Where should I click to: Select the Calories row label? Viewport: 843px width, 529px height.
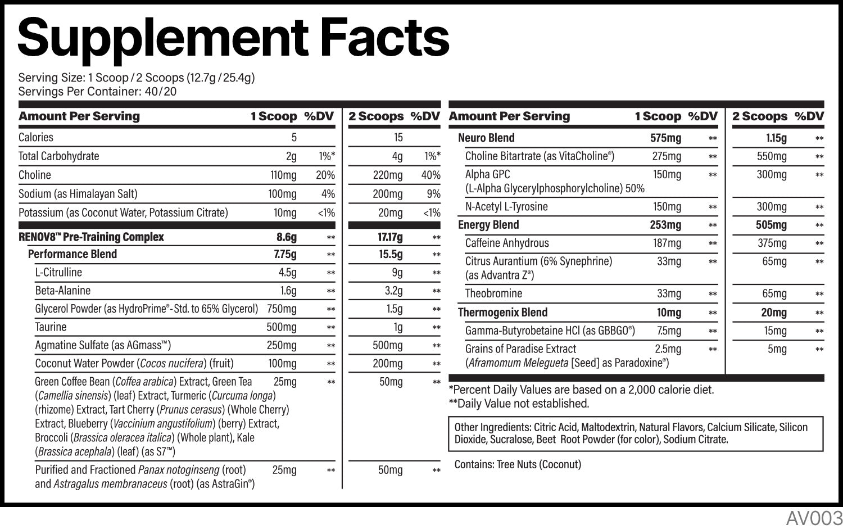point(36,137)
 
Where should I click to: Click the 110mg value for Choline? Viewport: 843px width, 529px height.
point(283,175)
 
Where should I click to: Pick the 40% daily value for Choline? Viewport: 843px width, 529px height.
point(430,175)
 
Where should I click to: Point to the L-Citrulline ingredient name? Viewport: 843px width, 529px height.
point(58,273)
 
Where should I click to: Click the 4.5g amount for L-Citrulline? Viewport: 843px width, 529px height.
point(287,273)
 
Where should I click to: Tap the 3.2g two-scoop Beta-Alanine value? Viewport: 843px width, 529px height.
point(393,291)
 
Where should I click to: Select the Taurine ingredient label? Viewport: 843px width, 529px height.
point(51,327)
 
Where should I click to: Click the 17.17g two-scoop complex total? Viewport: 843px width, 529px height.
point(390,237)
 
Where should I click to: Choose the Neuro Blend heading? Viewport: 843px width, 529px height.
point(486,138)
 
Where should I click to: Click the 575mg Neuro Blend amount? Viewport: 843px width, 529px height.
point(665,138)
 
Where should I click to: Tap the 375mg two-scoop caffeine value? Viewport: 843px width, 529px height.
point(772,243)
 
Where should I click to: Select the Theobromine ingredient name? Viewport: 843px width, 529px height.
point(493,293)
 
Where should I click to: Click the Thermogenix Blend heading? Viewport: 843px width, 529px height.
point(502,313)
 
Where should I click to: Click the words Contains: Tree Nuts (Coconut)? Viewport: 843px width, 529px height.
point(518,464)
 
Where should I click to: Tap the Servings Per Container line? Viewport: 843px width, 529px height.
point(97,92)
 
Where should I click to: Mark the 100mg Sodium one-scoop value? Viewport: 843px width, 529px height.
point(282,194)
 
